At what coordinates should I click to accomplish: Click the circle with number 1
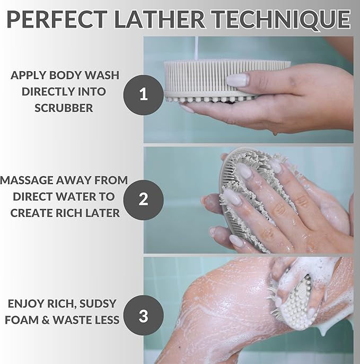click(x=143, y=95)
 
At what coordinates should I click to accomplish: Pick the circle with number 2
click(x=143, y=200)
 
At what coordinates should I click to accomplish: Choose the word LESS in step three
click(x=104, y=320)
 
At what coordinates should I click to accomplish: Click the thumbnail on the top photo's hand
click(x=237, y=80)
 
